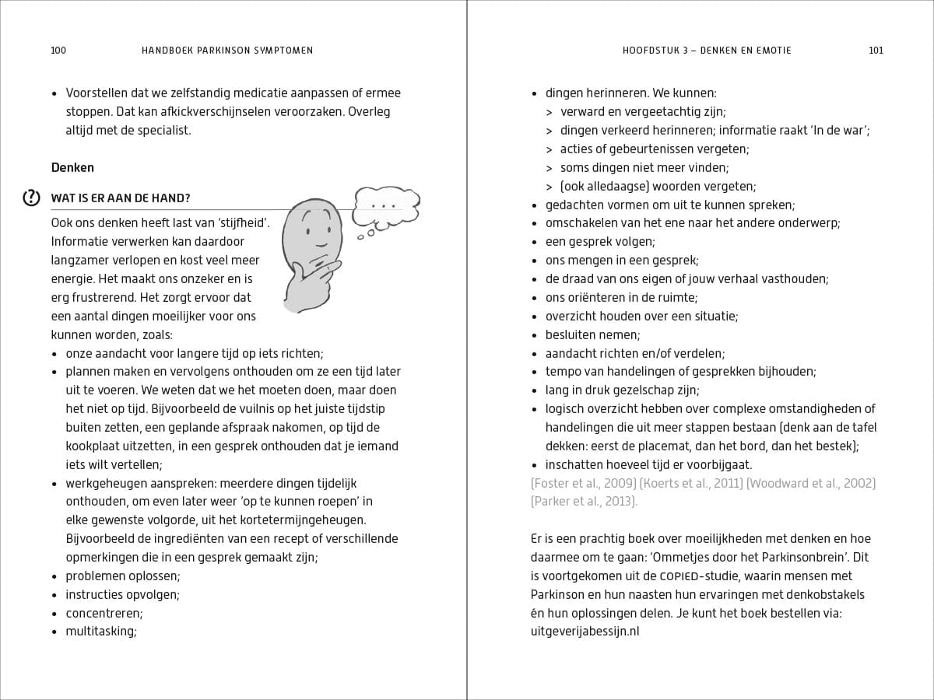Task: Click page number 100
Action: point(58,51)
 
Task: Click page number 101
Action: point(876,51)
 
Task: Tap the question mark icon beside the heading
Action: point(31,198)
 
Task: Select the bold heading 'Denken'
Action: point(72,167)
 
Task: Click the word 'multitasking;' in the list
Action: point(101,632)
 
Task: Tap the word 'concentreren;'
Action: point(104,613)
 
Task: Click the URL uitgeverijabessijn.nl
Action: point(585,632)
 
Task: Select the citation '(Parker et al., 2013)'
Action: point(584,502)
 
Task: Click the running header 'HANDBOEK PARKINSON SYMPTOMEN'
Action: point(227,51)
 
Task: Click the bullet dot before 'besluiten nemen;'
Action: point(535,335)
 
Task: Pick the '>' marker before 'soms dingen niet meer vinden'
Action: point(550,168)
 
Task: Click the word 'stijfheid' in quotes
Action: point(239,223)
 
